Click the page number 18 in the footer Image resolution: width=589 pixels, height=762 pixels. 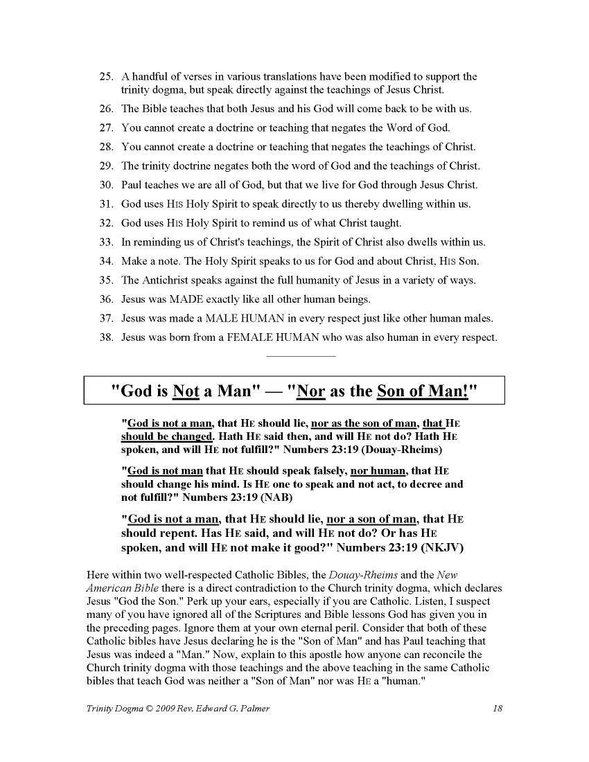pos(497,708)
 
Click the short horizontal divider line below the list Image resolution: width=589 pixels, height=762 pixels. pos(300,356)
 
